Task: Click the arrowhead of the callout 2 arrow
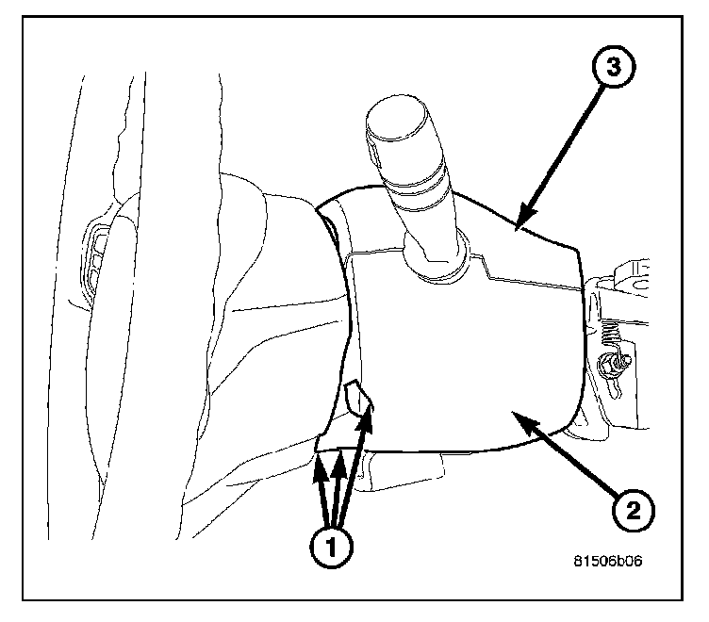pyautogui.click(x=515, y=416)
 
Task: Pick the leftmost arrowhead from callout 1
pyautogui.click(x=318, y=460)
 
